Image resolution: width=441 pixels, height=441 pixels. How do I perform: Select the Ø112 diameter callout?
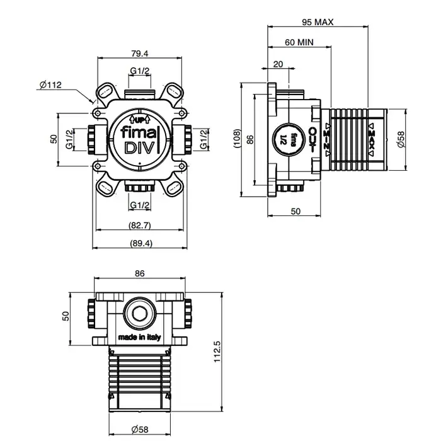[50, 85]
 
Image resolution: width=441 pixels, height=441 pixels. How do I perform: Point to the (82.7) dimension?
[139, 225]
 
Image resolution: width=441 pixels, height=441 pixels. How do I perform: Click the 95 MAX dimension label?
[317, 22]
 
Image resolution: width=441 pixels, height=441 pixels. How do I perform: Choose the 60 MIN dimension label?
[299, 43]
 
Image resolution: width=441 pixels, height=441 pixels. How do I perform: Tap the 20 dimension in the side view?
[278, 64]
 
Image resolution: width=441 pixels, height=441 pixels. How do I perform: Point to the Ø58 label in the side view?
[401, 140]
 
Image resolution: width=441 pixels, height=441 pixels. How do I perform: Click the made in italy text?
[139, 338]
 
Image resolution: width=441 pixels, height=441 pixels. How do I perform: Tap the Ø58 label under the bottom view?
[139, 430]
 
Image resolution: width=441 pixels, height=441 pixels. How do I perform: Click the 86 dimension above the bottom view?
[139, 273]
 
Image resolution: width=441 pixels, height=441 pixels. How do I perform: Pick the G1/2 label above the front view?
[139, 71]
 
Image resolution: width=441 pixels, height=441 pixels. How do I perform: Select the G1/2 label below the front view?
[139, 205]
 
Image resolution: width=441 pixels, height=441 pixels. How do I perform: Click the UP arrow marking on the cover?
[139, 118]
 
